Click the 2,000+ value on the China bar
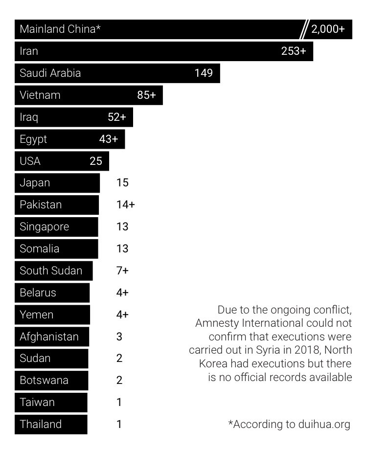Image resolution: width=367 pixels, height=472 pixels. coord(328,29)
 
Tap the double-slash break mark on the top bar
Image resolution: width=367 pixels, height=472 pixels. coord(304,29)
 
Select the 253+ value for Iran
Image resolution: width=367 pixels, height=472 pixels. coord(294,51)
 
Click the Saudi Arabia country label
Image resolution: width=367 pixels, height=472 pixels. coord(50,73)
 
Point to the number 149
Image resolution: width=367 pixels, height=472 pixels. coord(204,73)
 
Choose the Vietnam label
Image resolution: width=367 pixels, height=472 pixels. coord(40,95)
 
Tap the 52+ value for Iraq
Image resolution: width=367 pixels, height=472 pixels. coord(117,117)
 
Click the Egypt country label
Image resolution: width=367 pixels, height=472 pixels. coord(33,139)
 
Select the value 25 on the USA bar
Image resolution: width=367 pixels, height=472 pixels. coord(96,161)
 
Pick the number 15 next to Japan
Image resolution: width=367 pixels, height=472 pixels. coord(122,183)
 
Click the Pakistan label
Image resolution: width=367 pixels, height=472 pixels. coord(41,204)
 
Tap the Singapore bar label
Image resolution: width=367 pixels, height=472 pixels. coord(45,226)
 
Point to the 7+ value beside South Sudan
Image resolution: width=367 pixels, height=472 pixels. coord(122,270)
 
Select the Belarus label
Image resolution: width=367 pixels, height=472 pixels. coord(38,292)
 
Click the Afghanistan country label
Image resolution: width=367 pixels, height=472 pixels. coord(49,337)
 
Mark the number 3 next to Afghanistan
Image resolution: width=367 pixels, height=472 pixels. coord(119,337)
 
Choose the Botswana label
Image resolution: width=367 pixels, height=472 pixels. coord(44,380)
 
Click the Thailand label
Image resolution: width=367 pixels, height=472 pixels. coord(41,424)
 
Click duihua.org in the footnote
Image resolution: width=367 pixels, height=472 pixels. coord(324,424)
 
